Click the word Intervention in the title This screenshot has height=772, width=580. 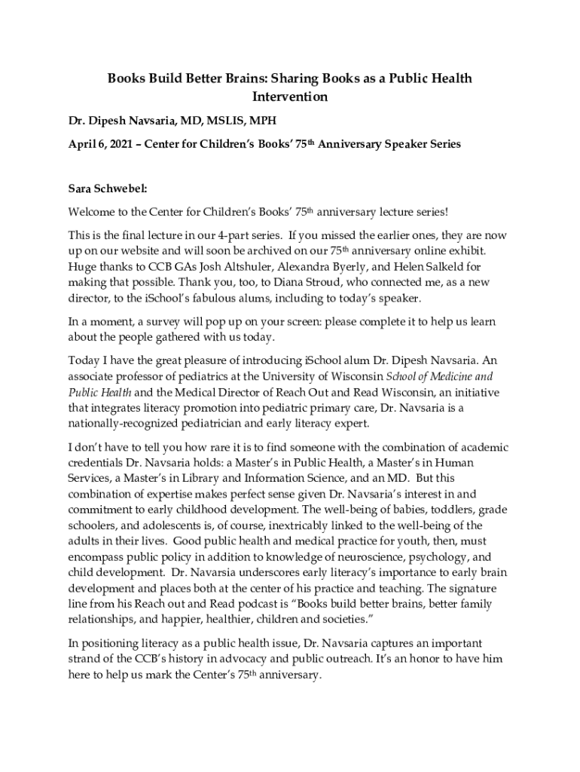pos(289,97)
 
